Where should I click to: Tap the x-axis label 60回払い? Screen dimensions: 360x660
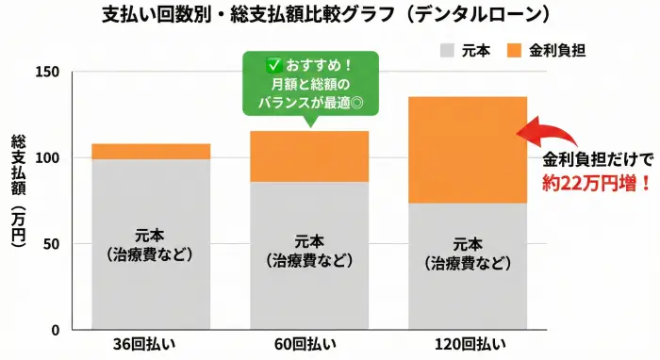(309, 346)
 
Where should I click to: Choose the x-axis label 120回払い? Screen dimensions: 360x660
(468, 346)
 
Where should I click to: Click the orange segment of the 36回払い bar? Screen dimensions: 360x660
(151, 152)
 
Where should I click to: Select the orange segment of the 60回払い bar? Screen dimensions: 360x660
(309, 155)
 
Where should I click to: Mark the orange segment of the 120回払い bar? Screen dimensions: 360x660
(468, 150)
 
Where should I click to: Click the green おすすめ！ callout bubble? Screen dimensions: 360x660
(309, 83)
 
